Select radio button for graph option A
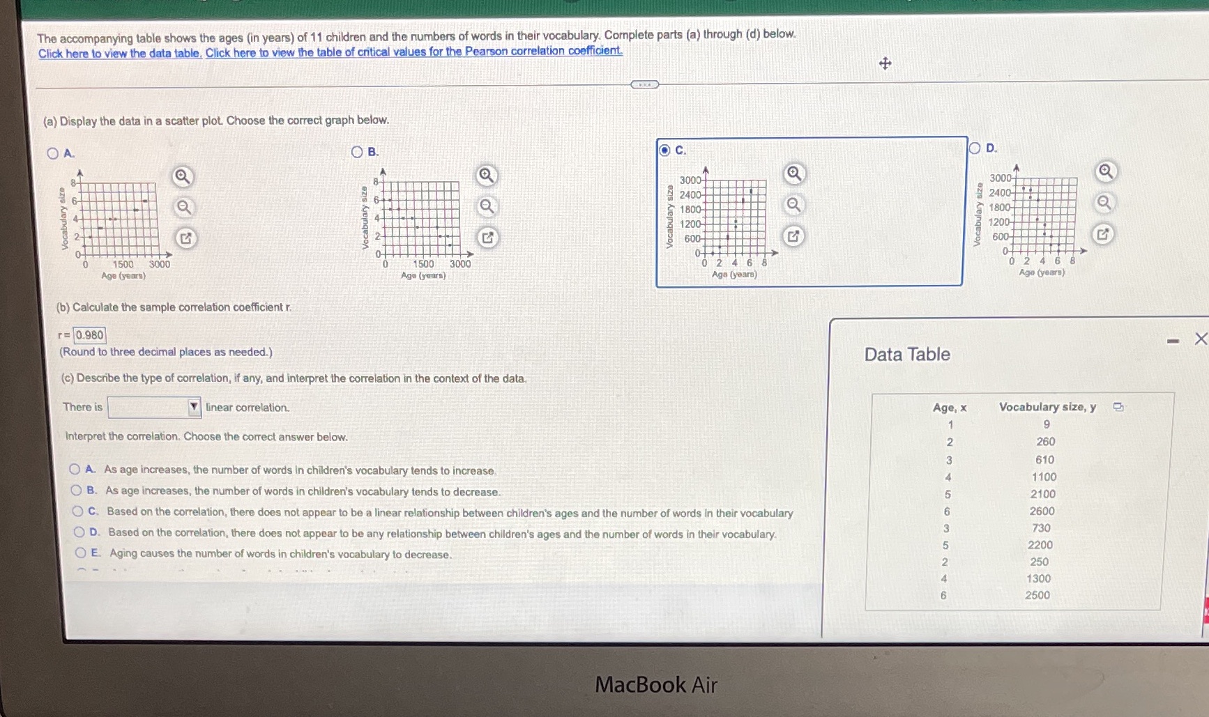(53, 153)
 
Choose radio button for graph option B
(357, 152)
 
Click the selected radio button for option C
(664, 150)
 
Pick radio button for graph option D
(975, 148)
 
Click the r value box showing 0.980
(90, 335)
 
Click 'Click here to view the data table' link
(120, 54)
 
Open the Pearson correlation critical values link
(413, 52)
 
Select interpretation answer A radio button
(75, 470)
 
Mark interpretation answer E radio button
(81, 553)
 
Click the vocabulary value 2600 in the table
(1042, 511)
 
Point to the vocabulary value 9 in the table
(1046, 424)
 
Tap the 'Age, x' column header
(950, 408)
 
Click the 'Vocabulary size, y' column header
(1047, 407)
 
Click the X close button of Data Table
(1201, 339)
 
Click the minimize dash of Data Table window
(1173, 341)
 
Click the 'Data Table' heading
(907, 355)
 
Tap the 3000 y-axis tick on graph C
(690, 180)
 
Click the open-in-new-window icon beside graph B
(487, 238)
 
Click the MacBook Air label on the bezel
(655, 685)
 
